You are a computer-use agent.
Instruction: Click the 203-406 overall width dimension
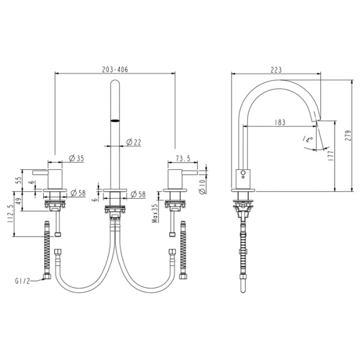click(x=115, y=69)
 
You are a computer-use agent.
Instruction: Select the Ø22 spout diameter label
click(x=134, y=142)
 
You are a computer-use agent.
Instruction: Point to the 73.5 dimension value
click(x=183, y=158)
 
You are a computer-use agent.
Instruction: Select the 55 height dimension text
click(x=19, y=179)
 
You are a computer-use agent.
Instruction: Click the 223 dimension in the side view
click(x=276, y=69)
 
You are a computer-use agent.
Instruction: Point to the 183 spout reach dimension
click(x=279, y=122)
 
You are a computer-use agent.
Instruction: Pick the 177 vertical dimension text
click(x=331, y=156)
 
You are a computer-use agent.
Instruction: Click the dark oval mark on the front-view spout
click(x=114, y=121)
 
